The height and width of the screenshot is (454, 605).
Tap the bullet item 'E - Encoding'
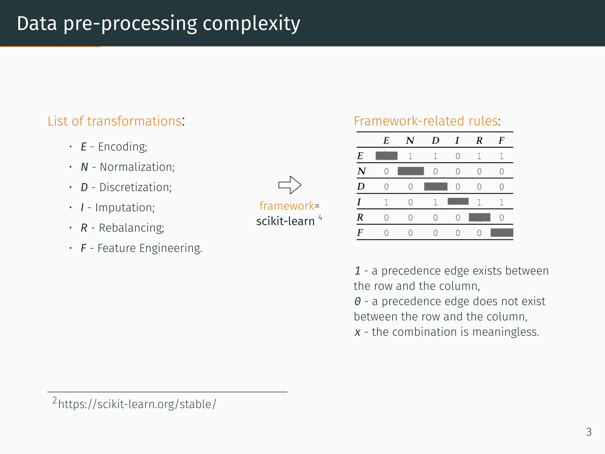pyautogui.click(x=114, y=147)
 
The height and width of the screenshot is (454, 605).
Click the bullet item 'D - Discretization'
pyautogui.click(x=126, y=187)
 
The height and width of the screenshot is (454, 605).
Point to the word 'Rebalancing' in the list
pyautogui.click(x=131, y=228)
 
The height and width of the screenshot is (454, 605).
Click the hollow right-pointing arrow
pyautogui.click(x=290, y=185)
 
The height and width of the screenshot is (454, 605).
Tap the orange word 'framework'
pyautogui.click(x=287, y=206)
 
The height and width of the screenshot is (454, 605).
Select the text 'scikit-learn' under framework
pyautogui.click(x=285, y=221)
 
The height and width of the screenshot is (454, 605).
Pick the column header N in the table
pyautogui.click(x=410, y=140)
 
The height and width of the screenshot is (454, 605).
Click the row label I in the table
pyautogui.click(x=359, y=202)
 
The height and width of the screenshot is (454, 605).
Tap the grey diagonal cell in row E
pyautogui.click(x=386, y=156)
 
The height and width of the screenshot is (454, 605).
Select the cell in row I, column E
pyautogui.click(x=386, y=202)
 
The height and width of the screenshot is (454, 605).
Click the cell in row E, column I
pyautogui.click(x=458, y=156)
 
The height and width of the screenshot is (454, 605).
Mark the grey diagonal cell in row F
pyautogui.click(x=502, y=233)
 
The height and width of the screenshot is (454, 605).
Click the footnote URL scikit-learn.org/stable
pyautogui.click(x=137, y=404)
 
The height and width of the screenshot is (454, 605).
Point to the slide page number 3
pyautogui.click(x=589, y=432)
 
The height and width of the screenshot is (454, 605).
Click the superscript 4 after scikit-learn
pyautogui.click(x=320, y=218)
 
